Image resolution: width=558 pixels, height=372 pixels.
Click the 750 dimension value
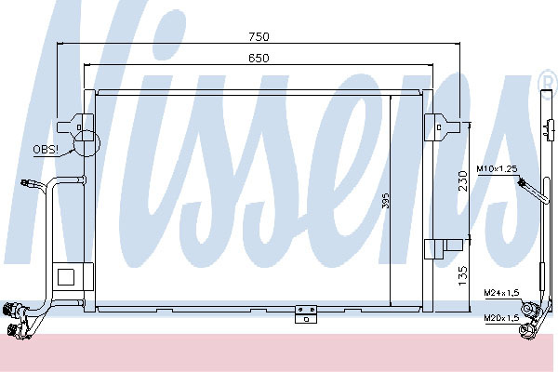coord(259,36)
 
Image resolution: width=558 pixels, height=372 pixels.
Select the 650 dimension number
coord(259,58)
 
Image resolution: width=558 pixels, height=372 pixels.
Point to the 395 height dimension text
coord(386,201)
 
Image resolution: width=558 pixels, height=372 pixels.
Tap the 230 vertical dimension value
coord(462,180)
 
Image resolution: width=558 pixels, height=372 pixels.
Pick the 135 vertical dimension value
coord(462,275)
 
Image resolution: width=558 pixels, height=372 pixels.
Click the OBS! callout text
coord(46,149)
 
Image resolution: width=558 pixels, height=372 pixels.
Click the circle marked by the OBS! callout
coord(86,143)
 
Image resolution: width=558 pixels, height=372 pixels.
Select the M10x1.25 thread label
coord(497,168)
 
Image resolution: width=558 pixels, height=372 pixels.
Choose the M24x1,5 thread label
coord(501,293)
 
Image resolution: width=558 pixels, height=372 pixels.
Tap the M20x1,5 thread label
coord(501,317)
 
